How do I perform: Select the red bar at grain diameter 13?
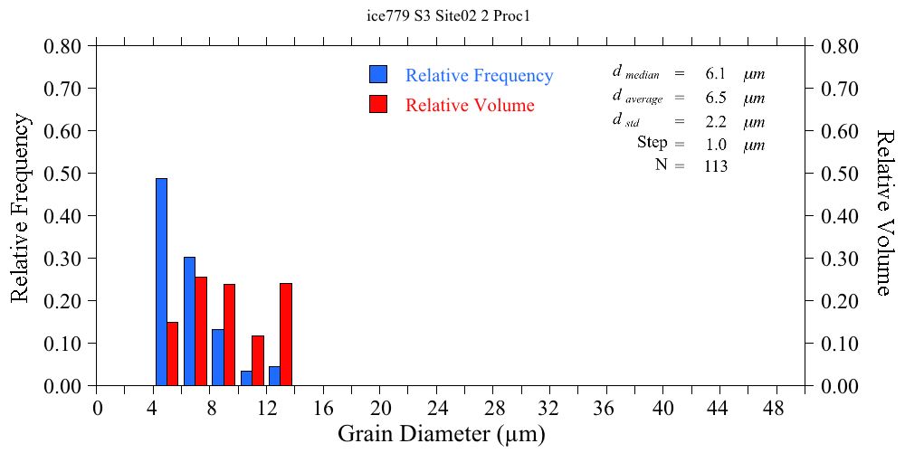[x=286, y=335]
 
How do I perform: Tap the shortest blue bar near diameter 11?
[x=246, y=378]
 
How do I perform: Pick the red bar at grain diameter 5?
[x=172, y=354]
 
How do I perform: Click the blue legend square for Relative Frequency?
[x=378, y=75]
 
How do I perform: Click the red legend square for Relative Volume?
[x=378, y=104]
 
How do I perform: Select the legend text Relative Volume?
[x=470, y=105]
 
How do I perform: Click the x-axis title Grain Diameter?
[x=442, y=434]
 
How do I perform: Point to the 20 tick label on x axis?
[x=380, y=408]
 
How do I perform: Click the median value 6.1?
[x=715, y=74]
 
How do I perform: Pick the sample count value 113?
[x=716, y=165]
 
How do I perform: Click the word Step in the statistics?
[x=652, y=143]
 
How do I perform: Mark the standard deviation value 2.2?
[x=715, y=121]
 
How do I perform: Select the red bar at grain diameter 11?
[x=258, y=361]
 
